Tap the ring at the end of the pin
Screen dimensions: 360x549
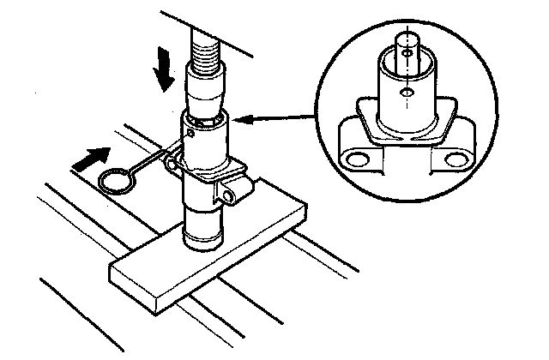(114, 179)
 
